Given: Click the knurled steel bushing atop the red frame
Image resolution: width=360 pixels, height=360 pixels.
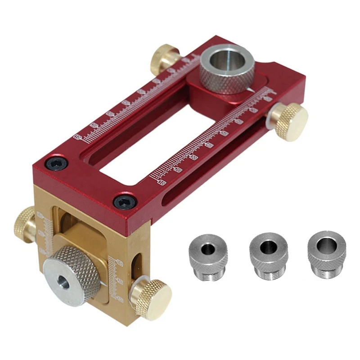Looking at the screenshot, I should click(227, 72).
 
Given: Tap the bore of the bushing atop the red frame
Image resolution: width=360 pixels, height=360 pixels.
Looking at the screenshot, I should click(226, 59).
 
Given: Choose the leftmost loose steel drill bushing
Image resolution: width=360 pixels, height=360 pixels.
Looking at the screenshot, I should click(208, 255).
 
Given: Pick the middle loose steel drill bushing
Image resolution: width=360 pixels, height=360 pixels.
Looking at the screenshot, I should click(268, 255).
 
